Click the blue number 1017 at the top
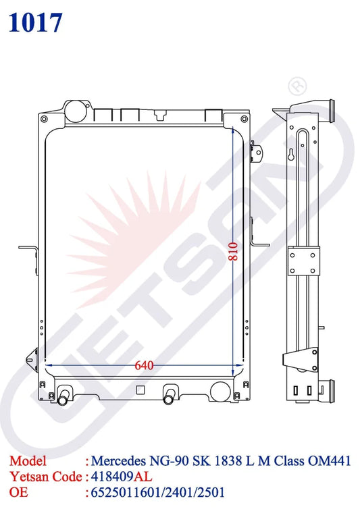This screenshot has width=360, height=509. pyautogui.click(x=35, y=23)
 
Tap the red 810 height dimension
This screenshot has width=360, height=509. pyautogui.click(x=233, y=251)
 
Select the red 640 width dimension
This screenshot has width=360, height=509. pyautogui.click(x=144, y=365)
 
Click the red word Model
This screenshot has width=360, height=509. pyautogui.click(x=28, y=461)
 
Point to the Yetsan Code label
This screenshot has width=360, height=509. pyautogui.click(x=46, y=477)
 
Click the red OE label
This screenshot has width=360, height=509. pyautogui.click(x=18, y=492)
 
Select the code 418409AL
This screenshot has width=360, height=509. pyautogui.click(x=122, y=477)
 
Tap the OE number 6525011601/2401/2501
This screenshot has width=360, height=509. pyautogui.click(x=157, y=492)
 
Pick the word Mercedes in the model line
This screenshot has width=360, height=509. pyautogui.click(x=118, y=461)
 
